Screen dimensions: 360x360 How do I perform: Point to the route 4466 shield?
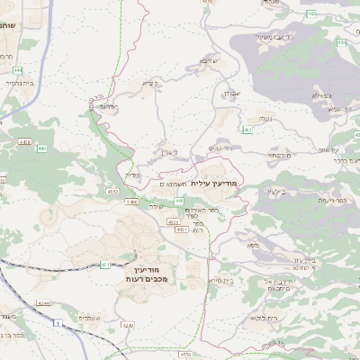tap(24, 141)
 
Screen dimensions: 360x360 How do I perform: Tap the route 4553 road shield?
tap(112, 191)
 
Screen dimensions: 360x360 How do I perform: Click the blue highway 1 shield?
tap(58, 322)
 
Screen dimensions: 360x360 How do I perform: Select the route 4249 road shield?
tap(128, 324)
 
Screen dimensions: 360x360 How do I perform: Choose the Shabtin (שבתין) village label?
tap(228, 93)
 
